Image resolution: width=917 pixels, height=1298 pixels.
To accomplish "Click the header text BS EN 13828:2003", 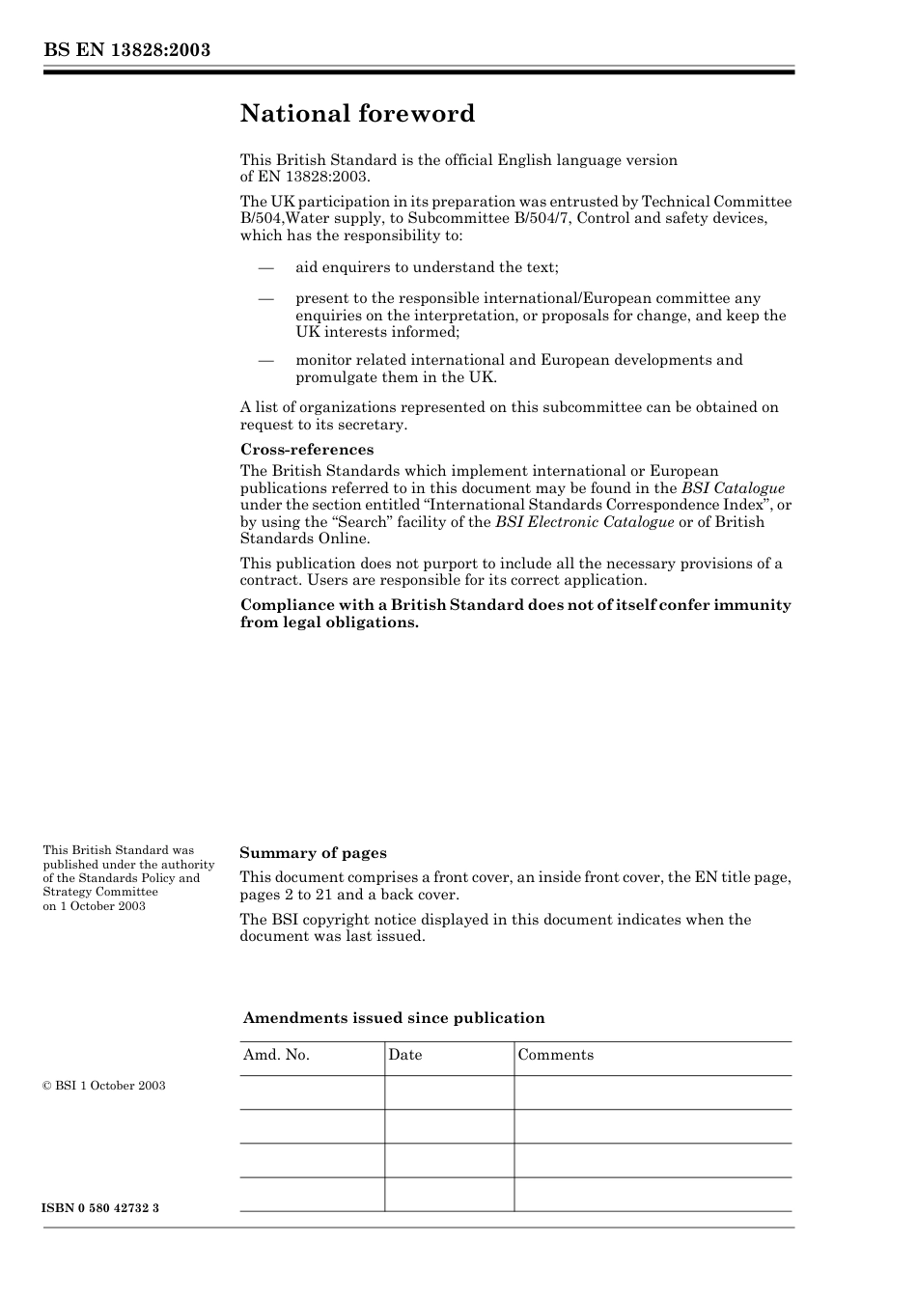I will [x=126, y=50].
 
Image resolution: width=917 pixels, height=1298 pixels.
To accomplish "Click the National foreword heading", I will [x=357, y=114].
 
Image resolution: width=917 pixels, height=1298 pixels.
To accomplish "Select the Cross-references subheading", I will [x=306, y=450].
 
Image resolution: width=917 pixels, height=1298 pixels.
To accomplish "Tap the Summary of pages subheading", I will [x=313, y=853].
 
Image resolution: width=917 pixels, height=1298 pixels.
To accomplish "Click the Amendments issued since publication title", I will [x=394, y=1018].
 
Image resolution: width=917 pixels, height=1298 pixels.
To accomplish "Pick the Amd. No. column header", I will [x=276, y=1055].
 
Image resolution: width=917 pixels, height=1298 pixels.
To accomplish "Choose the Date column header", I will [x=405, y=1055].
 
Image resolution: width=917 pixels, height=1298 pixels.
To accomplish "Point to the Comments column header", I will [x=555, y=1055].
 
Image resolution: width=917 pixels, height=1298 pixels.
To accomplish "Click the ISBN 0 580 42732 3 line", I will [x=101, y=1208].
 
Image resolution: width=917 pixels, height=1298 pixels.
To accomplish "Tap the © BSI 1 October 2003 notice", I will [x=104, y=1086].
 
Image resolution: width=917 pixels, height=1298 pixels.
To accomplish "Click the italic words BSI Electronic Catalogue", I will [x=584, y=522].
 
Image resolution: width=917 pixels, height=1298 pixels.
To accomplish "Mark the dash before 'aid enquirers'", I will [x=265, y=267].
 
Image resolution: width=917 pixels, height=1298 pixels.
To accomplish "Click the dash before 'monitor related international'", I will [x=265, y=360].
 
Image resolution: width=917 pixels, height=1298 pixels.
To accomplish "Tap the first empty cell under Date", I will [x=449, y=1092].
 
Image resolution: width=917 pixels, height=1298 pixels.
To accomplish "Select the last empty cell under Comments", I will [x=653, y=1194].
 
